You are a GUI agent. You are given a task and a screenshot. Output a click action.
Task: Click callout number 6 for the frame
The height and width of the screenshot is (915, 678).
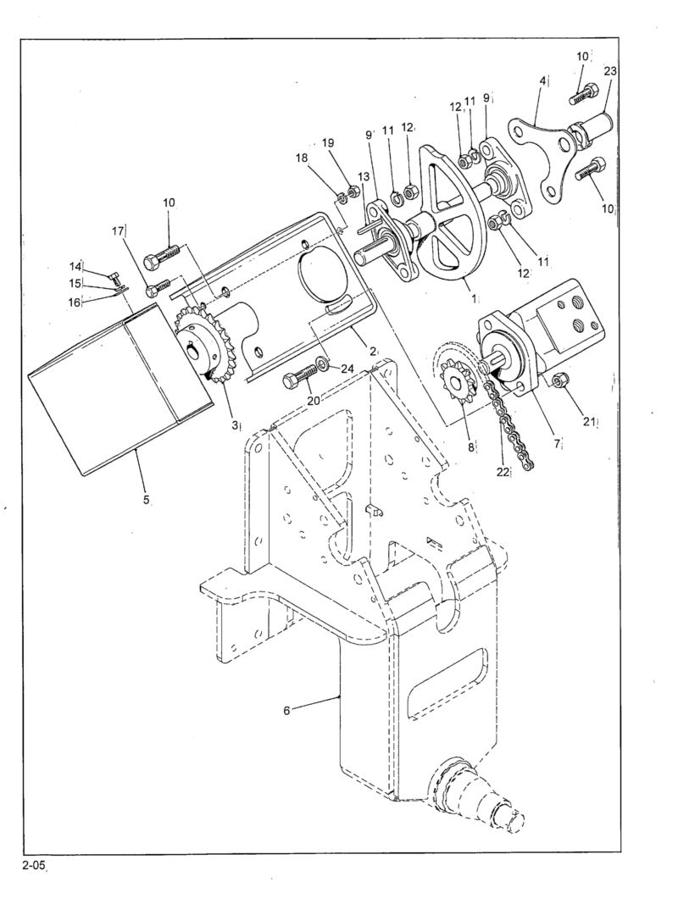tap(286, 710)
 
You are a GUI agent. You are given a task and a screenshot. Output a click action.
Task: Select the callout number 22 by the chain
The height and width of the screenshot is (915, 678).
tap(503, 472)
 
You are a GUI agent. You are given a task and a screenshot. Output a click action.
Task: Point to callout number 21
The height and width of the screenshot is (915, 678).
tap(592, 421)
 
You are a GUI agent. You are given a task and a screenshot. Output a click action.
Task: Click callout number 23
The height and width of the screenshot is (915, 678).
tap(609, 72)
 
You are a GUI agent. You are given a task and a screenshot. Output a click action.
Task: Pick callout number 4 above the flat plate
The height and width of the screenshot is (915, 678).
tap(542, 82)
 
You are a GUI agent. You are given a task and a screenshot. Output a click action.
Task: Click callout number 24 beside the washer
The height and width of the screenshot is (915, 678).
tap(347, 368)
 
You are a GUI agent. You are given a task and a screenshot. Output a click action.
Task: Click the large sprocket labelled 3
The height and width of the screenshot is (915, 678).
tap(201, 347)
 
